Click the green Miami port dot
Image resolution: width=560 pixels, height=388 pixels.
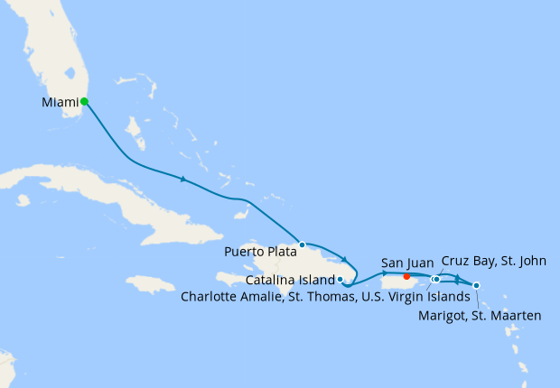point(84,101)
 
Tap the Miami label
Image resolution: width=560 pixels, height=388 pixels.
point(60,103)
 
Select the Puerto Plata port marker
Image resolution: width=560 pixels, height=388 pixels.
point(303,245)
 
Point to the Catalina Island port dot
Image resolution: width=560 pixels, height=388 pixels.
point(340,280)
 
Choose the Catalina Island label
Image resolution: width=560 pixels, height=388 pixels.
point(290,280)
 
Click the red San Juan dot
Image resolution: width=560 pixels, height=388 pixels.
point(407,276)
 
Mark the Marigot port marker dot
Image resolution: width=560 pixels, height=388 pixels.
point(476,286)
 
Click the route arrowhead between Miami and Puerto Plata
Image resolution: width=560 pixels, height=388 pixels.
point(183,180)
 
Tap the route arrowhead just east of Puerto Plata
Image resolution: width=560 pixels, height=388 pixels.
point(344,260)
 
